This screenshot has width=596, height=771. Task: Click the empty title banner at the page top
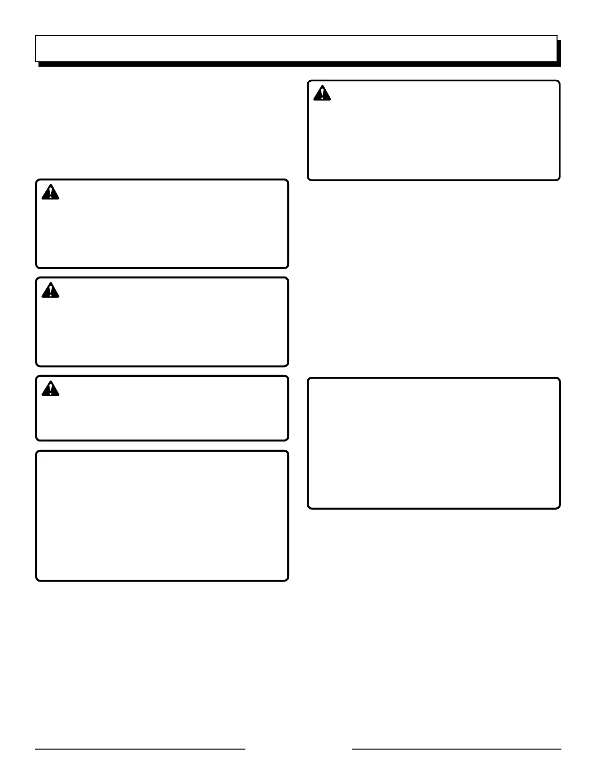[x=296, y=49]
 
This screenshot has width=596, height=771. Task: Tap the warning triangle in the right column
[x=322, y=93]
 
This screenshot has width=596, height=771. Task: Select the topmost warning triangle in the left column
[x=50, y=192]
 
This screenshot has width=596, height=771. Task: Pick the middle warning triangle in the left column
[x=50, y=291]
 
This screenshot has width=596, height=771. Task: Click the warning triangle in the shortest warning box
[x=50, y=389]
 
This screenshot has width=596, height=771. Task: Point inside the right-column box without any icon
[x=433, y=443]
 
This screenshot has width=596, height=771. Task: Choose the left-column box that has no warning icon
[x=162, y=516]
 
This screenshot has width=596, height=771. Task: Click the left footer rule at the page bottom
[x=140, y=749]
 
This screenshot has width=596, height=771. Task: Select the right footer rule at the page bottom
[x=456, y=749]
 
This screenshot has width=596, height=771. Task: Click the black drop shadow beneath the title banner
[x=299, y=64]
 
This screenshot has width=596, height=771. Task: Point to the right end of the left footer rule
[x=244, y=749]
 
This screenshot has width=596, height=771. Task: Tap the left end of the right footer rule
[x=353, y=749]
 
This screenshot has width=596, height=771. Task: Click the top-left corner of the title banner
[x=36, y=36]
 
